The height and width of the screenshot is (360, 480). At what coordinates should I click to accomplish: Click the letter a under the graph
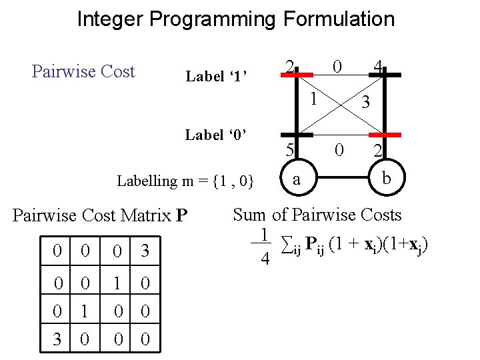[296, 179]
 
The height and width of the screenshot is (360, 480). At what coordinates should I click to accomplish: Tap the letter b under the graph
[386, 179]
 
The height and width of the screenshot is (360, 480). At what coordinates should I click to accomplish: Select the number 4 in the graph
[378, 67]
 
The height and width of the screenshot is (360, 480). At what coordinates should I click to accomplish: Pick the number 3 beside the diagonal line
[365, 103]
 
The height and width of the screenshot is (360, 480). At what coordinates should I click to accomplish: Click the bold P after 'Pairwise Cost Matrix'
[181, 216]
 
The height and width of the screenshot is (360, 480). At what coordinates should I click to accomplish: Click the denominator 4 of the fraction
[265, 259]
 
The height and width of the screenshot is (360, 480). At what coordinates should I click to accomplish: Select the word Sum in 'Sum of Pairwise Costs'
[249, 215]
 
